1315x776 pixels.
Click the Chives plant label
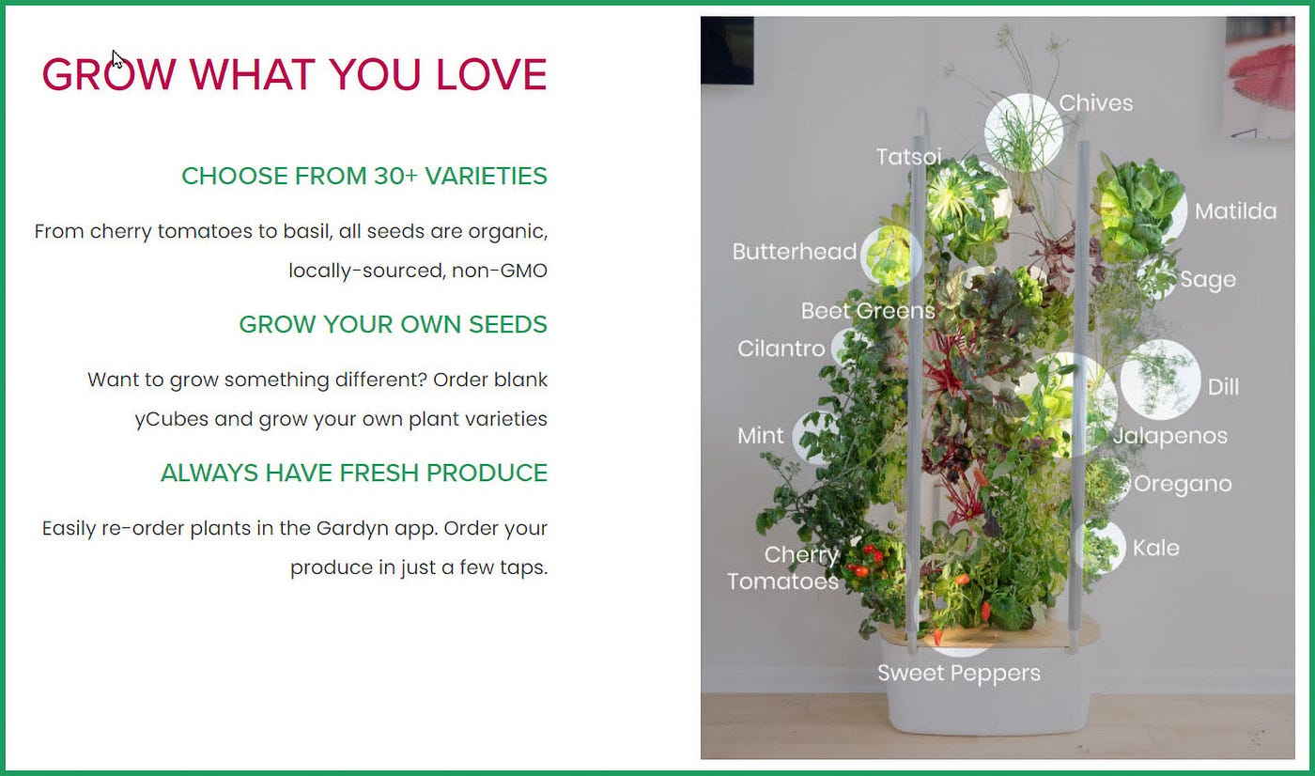[1095, 103]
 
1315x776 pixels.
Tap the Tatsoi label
[909, 157]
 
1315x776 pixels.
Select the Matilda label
[1236, 211]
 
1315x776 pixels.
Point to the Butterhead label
[795, 252]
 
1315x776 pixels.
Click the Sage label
[1208, 280]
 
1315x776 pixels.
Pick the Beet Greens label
[868, 311]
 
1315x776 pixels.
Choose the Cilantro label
[781, 349]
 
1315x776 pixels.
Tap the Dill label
[1223, 387]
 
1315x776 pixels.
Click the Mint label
[760, 436]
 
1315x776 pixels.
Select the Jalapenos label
[1170, 437]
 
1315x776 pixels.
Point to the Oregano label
[1183, 485]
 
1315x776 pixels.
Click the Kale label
[1155, 548]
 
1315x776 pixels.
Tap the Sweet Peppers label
[959, 674]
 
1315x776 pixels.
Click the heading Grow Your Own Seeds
[393, 325]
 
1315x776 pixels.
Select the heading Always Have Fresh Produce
[354, 473]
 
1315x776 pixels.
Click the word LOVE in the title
[491, 74]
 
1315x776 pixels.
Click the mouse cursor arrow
[117, 59]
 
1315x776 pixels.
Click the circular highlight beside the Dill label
[1159, 380]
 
